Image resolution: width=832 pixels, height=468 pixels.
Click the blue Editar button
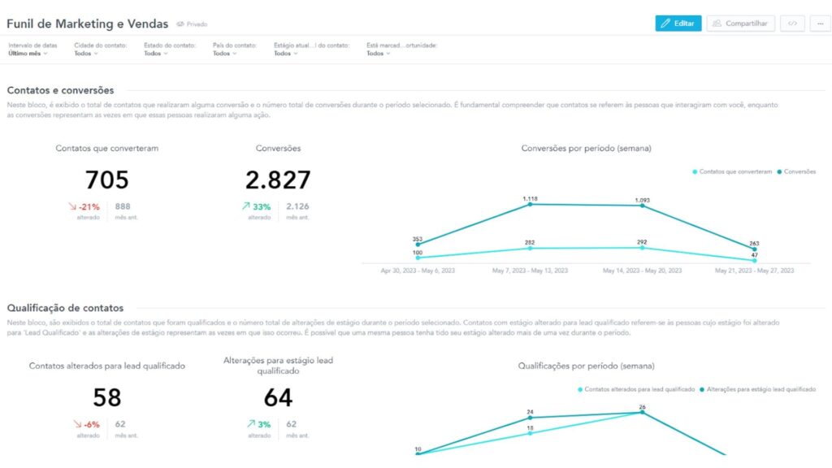point(678,24)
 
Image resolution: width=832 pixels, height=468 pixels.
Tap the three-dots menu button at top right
point(819,24)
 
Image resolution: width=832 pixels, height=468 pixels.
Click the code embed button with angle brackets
point(792,24)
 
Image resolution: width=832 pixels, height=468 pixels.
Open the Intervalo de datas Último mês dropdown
point(28,54)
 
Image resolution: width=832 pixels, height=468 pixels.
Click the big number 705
point(106,180)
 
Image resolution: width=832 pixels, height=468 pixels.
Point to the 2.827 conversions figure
point(278,180)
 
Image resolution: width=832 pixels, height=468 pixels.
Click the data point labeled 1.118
point(531,204)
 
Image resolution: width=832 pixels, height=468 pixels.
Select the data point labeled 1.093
point(642,206)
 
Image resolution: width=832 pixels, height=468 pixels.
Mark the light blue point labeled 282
point(531,249)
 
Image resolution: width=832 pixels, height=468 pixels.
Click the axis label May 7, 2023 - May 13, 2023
point(531,271)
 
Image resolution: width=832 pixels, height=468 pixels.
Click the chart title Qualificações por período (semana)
point(586,366)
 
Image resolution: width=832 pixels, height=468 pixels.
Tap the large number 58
point(106,397)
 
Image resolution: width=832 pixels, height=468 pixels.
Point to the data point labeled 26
point(642,412)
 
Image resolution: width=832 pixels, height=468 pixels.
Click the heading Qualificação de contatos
point(65,308)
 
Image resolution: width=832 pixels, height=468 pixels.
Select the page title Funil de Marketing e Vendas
point(87,24)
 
